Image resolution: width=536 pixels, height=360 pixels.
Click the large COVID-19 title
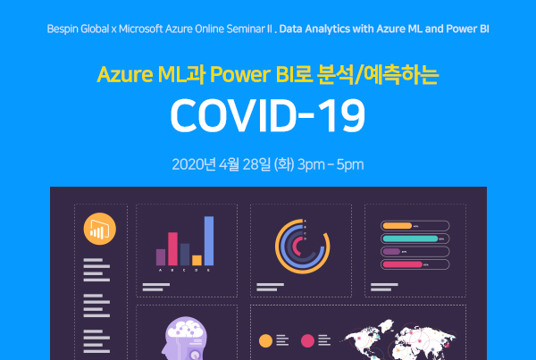point(268,115)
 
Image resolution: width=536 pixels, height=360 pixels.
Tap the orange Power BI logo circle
point(100,229)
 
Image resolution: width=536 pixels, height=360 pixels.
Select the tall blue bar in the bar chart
point(209,240)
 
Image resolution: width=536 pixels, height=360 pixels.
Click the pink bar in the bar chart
point(172,249)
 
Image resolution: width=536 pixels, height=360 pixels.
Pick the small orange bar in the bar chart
point(197,260)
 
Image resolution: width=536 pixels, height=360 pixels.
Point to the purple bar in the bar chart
point(161,257)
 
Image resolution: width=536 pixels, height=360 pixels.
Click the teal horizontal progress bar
point(410,239)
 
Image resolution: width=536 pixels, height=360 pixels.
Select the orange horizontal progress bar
point(398,226)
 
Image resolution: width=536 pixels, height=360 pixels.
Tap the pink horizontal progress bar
point(403,264)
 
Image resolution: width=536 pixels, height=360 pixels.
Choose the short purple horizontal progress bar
point(391,252)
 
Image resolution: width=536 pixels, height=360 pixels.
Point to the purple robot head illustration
point(185,339)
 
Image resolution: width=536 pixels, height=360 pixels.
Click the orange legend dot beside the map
point(265,341)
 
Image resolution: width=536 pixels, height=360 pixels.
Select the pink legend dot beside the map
point(307,341)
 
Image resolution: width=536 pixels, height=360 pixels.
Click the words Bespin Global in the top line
point(78,29)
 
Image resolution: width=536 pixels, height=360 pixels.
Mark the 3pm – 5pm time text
point(331,164)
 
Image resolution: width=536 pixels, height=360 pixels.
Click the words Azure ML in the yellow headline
point(142,74)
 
